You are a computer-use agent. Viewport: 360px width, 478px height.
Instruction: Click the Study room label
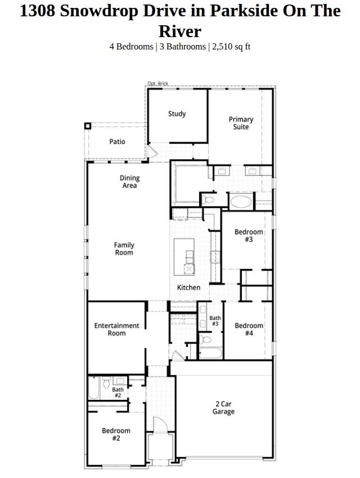coord(177,114)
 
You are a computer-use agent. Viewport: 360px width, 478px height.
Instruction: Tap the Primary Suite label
coord(241,123)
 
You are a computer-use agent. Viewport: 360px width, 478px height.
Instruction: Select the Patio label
coord(117,142)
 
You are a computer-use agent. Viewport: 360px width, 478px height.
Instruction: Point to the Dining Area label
coord(129,182)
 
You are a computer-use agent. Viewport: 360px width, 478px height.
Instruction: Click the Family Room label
coord(124,249)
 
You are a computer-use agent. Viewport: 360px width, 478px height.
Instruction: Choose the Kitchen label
coord(188,287)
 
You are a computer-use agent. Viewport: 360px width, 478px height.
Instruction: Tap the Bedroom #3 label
coord(249,236)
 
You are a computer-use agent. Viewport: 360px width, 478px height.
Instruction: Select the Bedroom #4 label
coord(249,329)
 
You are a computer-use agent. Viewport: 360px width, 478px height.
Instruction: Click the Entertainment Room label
coord(116,329)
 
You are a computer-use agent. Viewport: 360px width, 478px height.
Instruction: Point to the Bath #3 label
coord(215,321)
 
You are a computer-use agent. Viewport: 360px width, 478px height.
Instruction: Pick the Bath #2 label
coord(118,392)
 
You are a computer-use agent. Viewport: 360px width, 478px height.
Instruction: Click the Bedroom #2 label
coord(116,434)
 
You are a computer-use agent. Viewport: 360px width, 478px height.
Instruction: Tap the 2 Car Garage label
coord(223,408)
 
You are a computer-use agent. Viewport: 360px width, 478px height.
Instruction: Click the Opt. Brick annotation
coord(157,84)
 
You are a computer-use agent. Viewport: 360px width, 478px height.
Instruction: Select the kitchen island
coord(184,256)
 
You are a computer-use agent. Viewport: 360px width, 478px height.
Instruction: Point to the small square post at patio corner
coord(88,126)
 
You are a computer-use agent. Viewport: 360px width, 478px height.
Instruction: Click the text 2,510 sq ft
coord(231,46)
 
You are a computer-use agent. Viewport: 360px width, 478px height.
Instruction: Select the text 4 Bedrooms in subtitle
coord(131,46)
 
